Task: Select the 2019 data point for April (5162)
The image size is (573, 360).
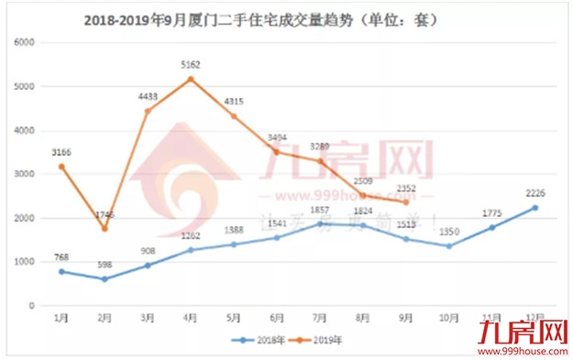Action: (x=191, y=79)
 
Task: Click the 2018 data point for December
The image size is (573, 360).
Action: (x=535, y=207)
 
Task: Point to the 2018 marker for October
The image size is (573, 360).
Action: (x=447, y=245)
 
